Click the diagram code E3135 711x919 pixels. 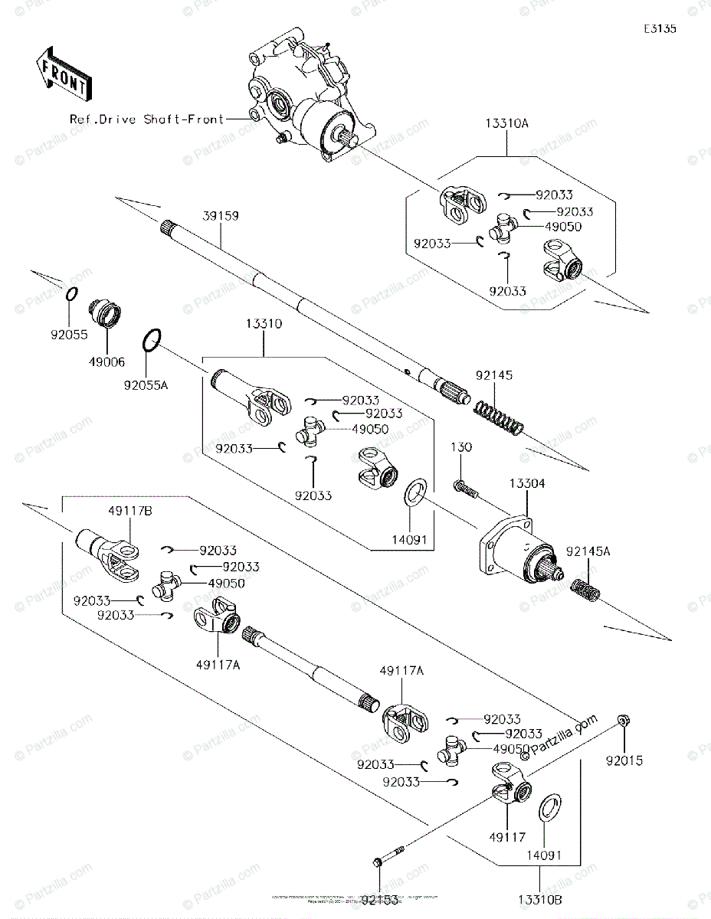click(x=660, y=29)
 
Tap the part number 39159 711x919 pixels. click(x=221, y=217)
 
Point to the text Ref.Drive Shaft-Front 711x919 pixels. click(x=146, y=119)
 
